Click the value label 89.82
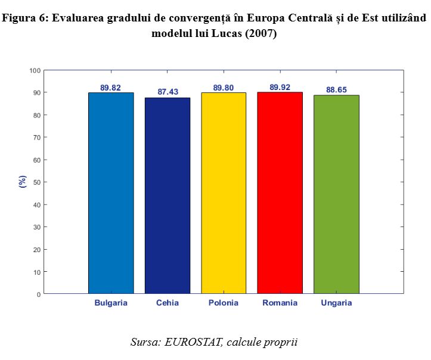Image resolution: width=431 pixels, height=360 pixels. coord(111,88)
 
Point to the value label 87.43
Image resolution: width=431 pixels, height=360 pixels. coord(168,92)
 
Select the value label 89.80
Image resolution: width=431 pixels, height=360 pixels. coord(224,88)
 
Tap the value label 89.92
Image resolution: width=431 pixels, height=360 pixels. coord(280,87)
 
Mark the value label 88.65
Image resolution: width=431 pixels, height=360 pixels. coord(336,90)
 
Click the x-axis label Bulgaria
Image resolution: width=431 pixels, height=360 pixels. coord(111,303)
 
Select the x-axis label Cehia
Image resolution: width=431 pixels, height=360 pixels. coord(168,303)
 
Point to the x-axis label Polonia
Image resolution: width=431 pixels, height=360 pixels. coord(224,303)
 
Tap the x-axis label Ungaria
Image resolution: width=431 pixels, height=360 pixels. coord(336,303)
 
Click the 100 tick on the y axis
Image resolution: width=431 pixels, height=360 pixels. coord(35,70)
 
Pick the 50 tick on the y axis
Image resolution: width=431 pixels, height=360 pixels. coord(37,182)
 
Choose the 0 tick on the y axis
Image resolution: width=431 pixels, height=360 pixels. coord(39,294)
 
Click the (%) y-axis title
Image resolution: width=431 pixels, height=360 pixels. coord(23,182)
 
